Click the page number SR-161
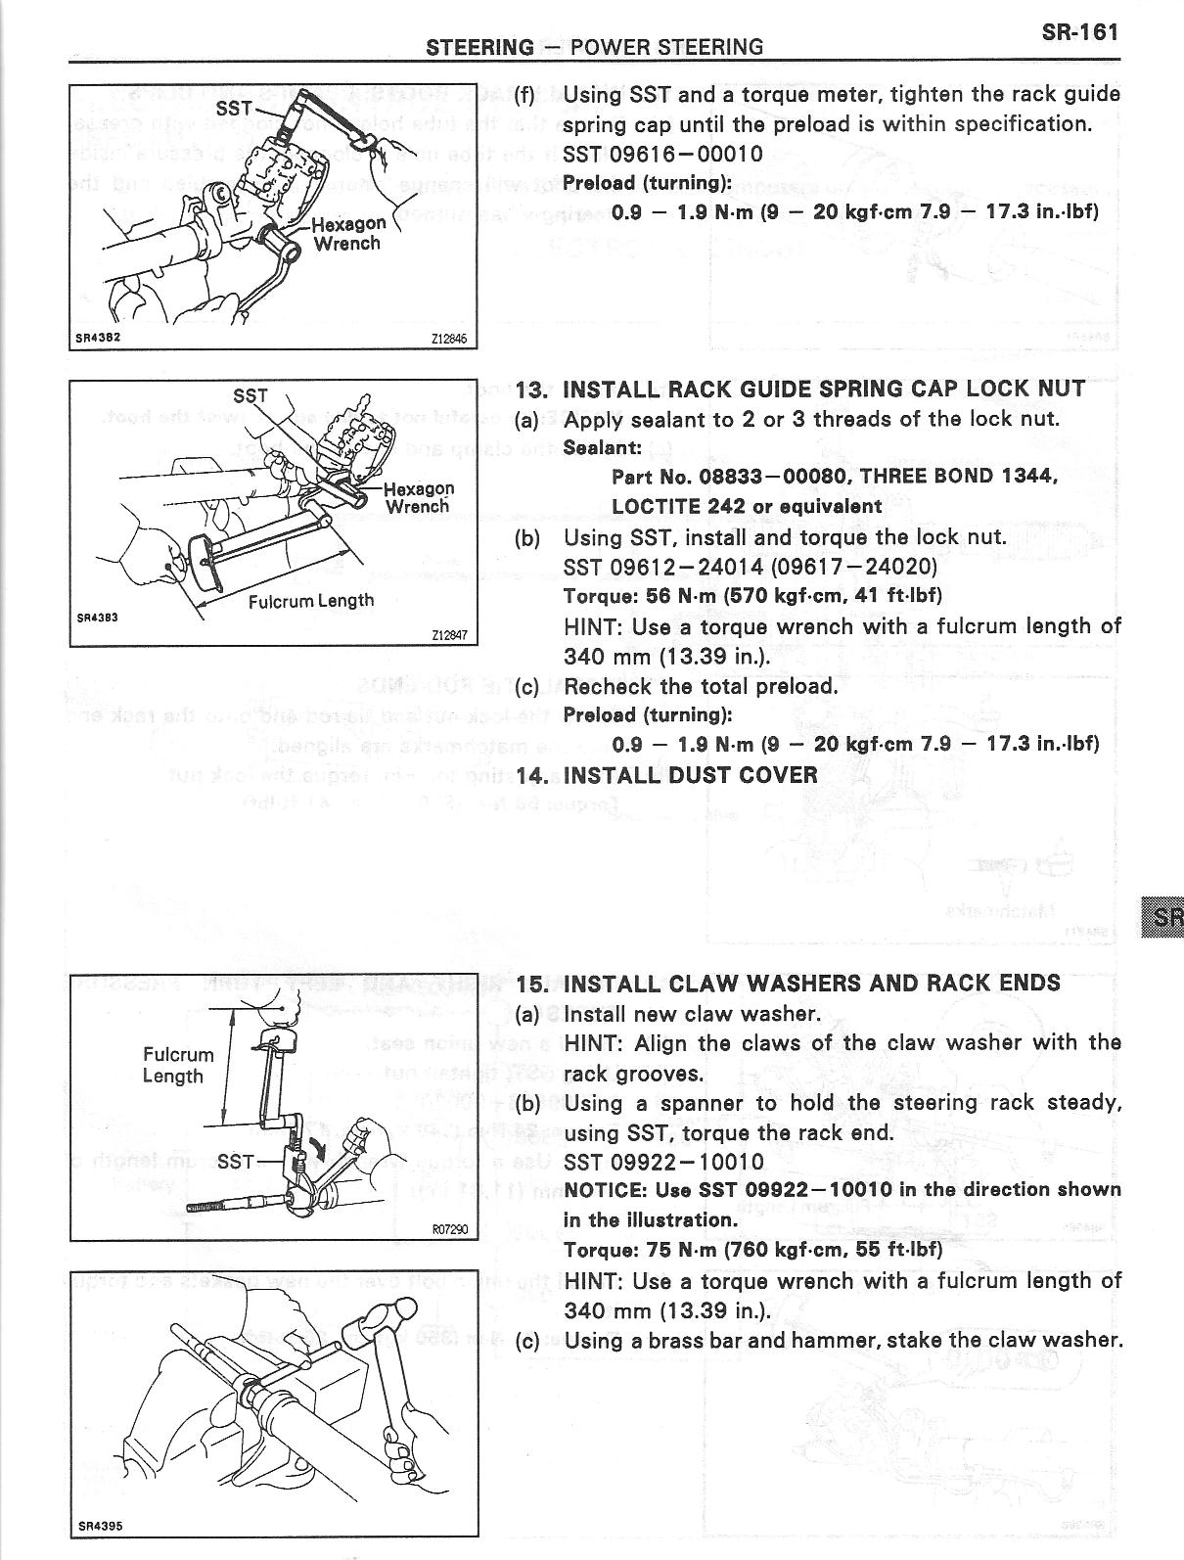(x=1079, y=31)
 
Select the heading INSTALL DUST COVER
(x=690, y=775)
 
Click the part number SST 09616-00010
(x=662, y=154)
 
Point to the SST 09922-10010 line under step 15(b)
(x=663, y=1163)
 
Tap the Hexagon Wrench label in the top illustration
(x=347, y=233)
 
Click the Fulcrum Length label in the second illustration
(x=310, y=600)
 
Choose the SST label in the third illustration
(x=235, y=1162)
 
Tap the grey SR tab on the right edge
(x=1162, y=917)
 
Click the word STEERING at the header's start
(x=479, y=47)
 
